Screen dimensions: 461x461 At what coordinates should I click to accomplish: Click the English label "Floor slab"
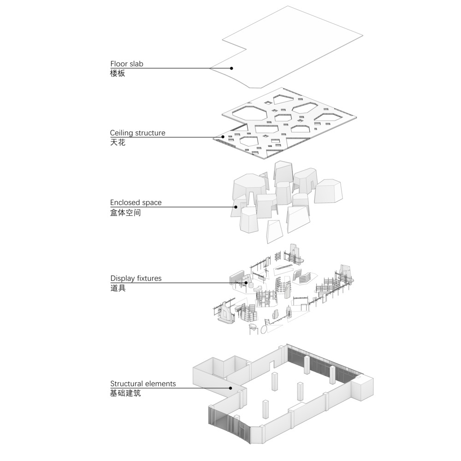click(x=127, y=64)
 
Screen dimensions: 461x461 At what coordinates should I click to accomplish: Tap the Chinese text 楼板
click(x=118, y=73)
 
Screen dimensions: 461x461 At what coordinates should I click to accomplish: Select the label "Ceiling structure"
click(x=137, y=133)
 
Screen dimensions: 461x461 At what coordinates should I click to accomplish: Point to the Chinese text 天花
click(x=118, y=142)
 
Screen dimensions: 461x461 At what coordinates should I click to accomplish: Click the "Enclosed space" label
click(x=136, y=202)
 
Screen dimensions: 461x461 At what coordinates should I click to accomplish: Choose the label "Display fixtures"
click(x=136, y=278)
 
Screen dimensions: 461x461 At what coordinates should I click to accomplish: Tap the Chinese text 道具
click(x=118, y=288)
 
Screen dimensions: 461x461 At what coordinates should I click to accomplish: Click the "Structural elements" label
click(x=143, y=384)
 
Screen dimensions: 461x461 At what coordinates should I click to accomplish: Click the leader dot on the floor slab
click(x=231, y=68)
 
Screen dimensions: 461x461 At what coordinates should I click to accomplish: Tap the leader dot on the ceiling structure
click(x=224, y=137)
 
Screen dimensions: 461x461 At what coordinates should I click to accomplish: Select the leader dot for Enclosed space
click(x=236, y=207)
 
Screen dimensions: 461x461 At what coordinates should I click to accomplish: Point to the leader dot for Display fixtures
click(x=246, y=283)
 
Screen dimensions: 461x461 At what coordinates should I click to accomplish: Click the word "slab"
click(x=136, y=64)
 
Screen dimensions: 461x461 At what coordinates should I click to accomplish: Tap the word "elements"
click(x=160, y=384)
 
